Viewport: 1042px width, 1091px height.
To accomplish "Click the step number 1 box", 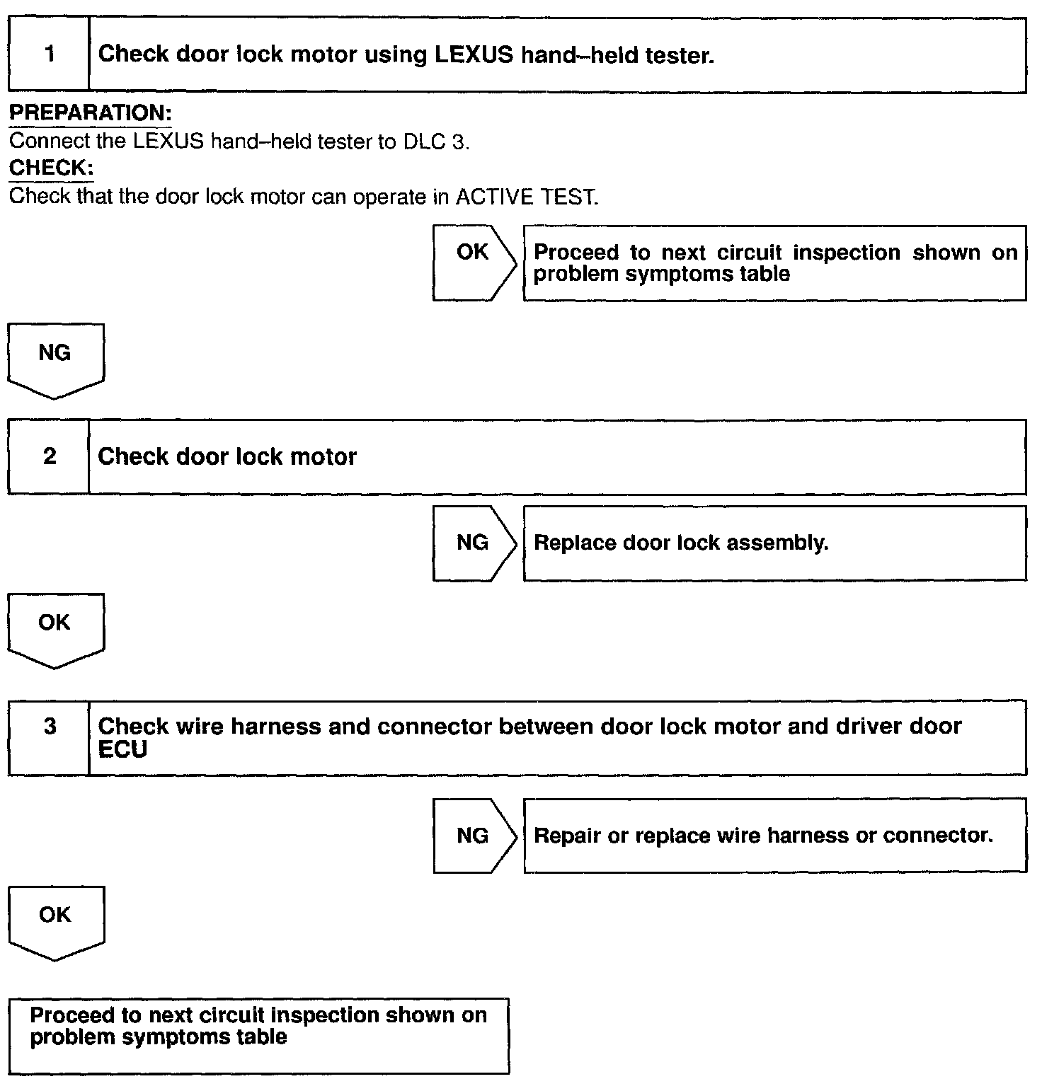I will [x=49, y=54].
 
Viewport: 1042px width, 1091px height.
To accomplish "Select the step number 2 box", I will [x=49, y=456].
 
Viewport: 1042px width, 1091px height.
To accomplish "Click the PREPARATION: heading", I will [x=91, y=113].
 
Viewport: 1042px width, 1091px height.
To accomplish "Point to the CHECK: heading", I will [x=51, y=168].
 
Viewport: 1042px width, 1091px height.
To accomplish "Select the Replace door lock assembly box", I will [x=774, y=543].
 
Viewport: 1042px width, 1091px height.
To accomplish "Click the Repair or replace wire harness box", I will [x=774, y=836].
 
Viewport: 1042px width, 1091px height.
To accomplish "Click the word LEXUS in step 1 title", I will [x=474, y=54].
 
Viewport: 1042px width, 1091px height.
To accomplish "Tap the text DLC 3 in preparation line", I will [x=435, y=142].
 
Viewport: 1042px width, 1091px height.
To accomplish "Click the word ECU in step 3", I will [x=122, y=750].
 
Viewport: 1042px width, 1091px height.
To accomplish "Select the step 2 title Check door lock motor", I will [x=227, y=456].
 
